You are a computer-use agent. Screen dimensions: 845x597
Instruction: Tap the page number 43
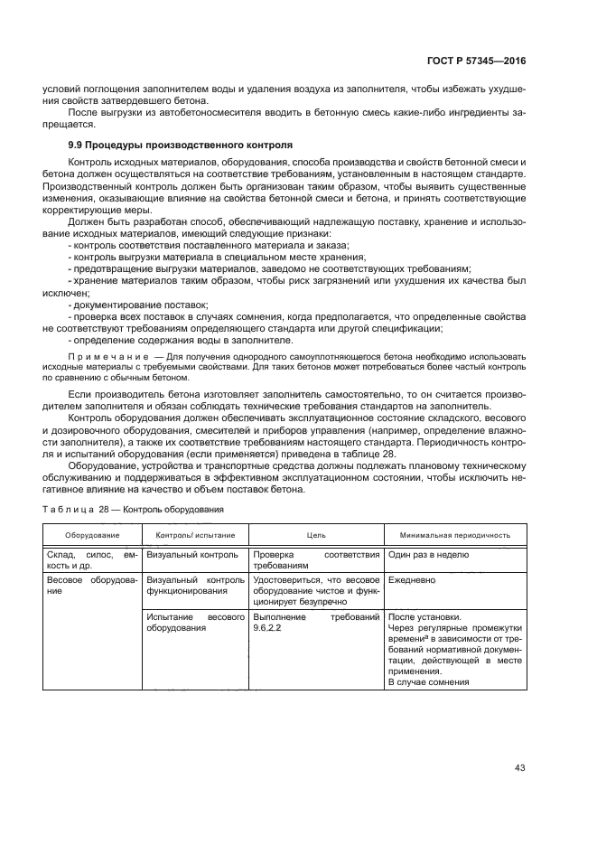pyautogui.click(x=519, y=768)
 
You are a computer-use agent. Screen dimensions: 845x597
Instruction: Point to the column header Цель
pyautogui.click(x=316, y=535)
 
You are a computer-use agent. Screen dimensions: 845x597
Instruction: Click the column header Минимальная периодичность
pyautogui.click(x=456, y=535)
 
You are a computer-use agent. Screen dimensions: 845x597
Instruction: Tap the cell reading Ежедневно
pyautogui.click(x=412, y=579)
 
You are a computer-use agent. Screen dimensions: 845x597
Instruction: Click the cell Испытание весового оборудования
pyautogui.click(x=195, y=623)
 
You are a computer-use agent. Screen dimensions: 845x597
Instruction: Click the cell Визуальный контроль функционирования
pyautogui.click(x=195, y=585)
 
